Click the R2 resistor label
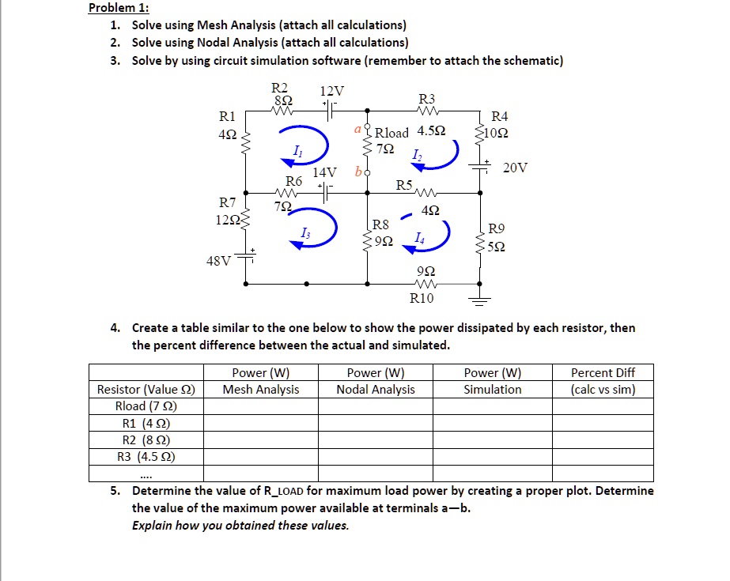[280, 88]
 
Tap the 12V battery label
[332, 90]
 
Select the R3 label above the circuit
[426, 99]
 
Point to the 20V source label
[514, 168]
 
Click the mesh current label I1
[297, 150]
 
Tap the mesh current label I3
[304, 232]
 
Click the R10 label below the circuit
[422, 298]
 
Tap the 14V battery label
[325, 172]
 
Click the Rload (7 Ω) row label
[146, 406]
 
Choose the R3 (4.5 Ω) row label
[146, 456]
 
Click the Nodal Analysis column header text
[376, 389]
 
